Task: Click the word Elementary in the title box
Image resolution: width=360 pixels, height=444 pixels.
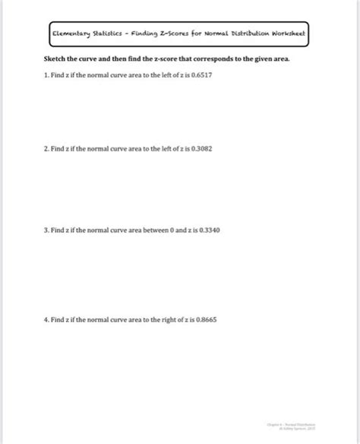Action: coord(72,34)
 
